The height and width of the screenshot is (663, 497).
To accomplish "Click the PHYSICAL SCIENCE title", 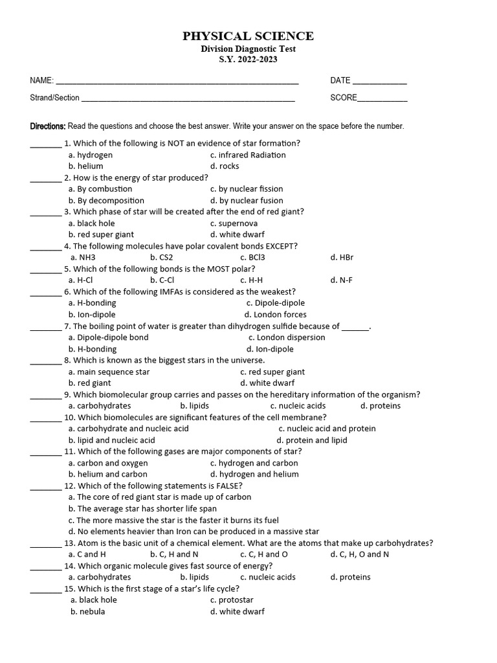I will (248, 36).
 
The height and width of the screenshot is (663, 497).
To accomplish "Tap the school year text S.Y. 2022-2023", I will (248, 60).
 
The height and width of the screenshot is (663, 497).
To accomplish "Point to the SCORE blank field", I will (382, 100).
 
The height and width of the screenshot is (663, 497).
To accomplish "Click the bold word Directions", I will (48, 126).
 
